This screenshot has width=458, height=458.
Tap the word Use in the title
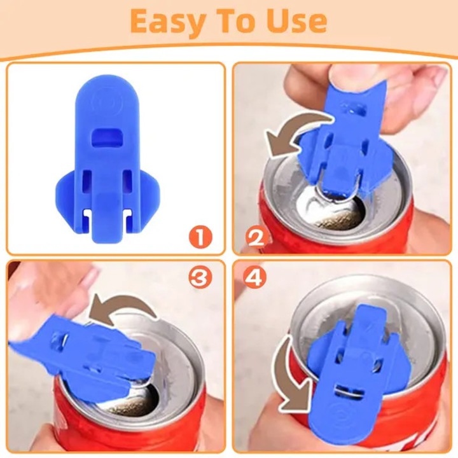[x=295, y=22]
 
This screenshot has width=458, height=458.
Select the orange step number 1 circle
[x=200, y=237]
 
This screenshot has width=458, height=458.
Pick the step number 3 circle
[x=200, y=277]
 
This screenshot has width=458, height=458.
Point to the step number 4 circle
[x=256, y=277]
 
